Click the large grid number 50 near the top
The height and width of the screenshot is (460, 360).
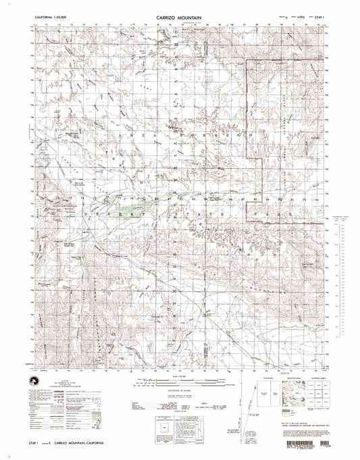[x=178, y=45]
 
